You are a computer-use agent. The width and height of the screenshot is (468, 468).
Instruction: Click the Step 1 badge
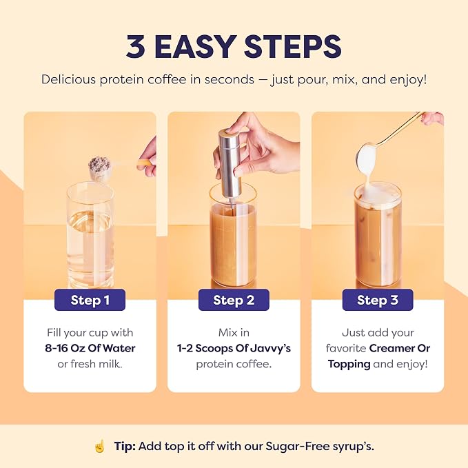click(x=90, y=300)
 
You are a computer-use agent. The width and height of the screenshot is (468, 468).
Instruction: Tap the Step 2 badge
click(x=234, y=300)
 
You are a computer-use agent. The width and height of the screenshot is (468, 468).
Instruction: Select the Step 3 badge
click(x=378, y=300)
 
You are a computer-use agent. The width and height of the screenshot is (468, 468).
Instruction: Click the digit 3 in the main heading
click(x=136, y=47)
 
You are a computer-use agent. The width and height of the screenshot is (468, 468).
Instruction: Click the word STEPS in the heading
click(x=293, y=47)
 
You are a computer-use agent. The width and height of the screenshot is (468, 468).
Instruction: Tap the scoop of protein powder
click(x=99, y=167)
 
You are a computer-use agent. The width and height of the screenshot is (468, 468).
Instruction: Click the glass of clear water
click(x=90, y=236)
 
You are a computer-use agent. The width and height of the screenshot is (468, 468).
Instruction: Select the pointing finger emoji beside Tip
click(x=100, y=447)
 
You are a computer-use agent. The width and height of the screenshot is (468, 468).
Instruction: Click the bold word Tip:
click(x=125, y=447)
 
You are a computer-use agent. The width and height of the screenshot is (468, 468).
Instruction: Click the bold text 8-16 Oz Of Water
click(x=90, y=348)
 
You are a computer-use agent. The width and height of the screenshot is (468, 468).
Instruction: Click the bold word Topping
click(x=349, y=365)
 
